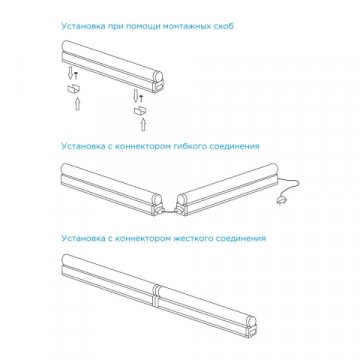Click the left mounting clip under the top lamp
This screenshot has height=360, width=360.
(74, 88)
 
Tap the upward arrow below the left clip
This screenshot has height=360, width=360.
(73, 104)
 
